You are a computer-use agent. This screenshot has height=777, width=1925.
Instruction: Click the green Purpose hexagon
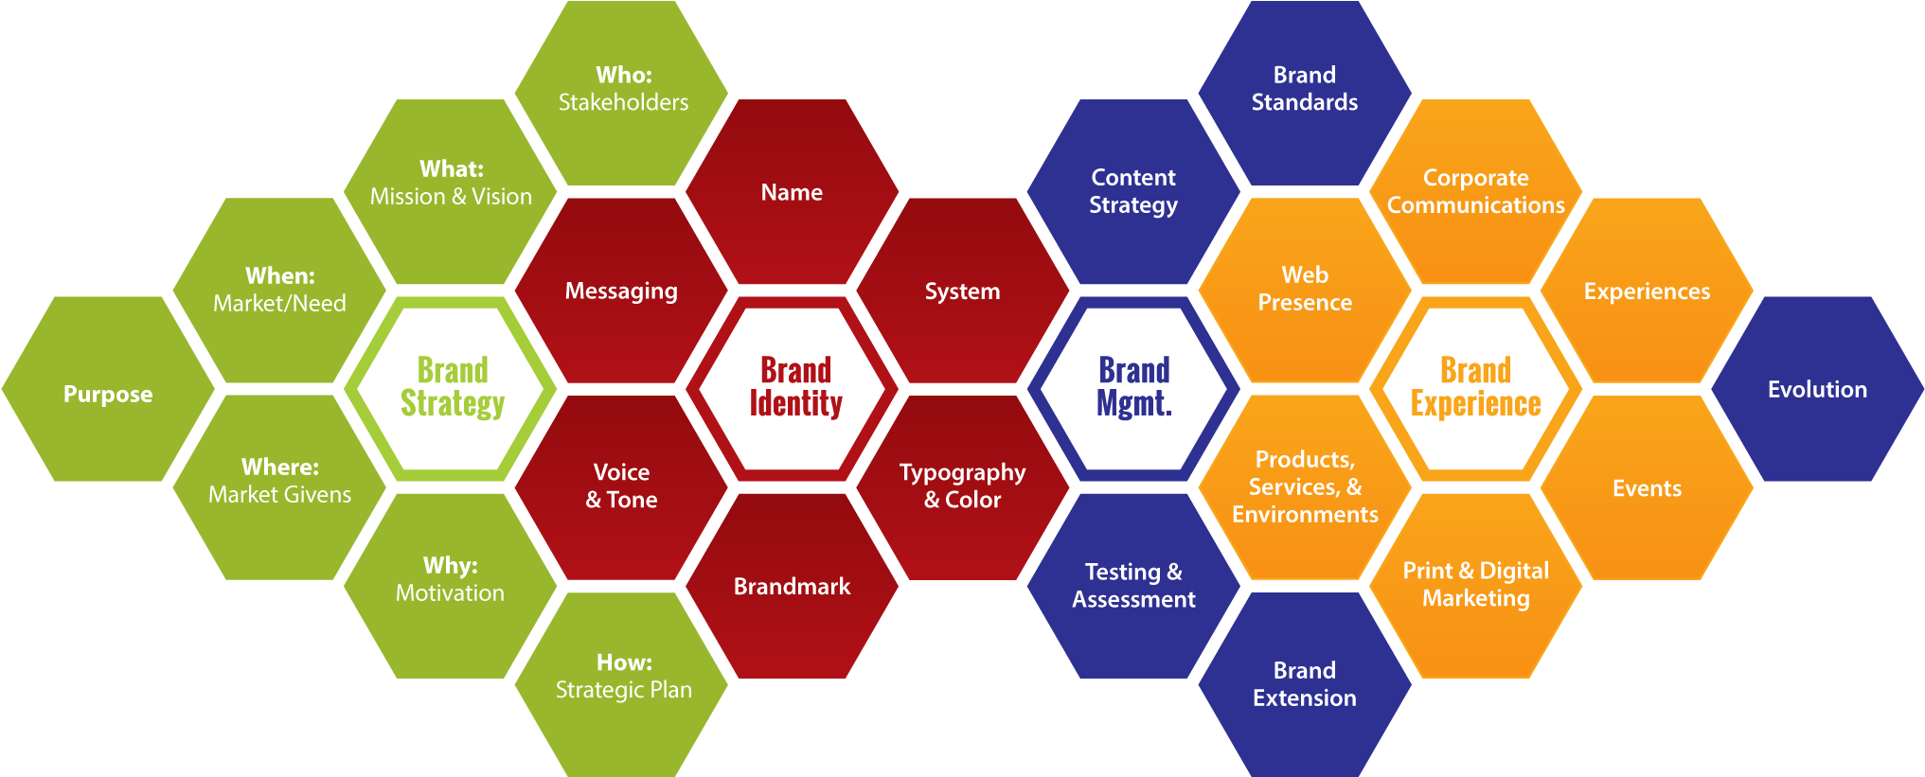[x=108, y=393]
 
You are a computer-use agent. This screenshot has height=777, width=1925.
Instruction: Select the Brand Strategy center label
[x=452, y=387]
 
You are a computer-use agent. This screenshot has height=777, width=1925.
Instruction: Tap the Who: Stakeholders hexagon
[x=623, y=90]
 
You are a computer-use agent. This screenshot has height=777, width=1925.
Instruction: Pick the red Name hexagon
[x=792, y=192]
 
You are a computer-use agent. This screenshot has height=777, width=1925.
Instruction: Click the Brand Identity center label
[x=795, y=387]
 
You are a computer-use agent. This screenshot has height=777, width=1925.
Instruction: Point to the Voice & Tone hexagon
[x=621, y=486]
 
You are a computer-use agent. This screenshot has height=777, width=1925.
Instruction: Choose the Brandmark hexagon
[x=792, y=586]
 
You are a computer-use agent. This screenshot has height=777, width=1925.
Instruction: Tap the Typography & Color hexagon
[x=962, y=486]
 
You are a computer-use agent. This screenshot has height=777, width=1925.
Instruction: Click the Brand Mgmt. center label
[x=1133, y=387]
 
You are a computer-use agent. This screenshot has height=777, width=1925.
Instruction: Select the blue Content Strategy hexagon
[x=1133, y=191]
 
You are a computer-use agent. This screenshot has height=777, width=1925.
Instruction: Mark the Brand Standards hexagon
[x=1304, y=90]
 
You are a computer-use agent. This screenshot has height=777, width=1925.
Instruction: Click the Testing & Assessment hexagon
[x=1133, y=586]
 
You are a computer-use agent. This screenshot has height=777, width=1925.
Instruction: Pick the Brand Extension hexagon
[x=1304, y=684]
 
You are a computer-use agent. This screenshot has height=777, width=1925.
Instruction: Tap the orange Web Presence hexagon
[x=1304, y=289]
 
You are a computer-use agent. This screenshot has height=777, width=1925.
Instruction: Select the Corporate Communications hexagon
[x=1475, y=191]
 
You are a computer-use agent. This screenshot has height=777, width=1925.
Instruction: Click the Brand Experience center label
[x=1475, y=387]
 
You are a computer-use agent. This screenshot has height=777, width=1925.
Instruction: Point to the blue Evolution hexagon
[x=1817, y=389]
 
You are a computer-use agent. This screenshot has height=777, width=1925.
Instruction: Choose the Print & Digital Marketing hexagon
[x=1475, y=585]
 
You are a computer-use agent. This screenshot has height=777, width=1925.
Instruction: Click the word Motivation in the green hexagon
[x=450, y=593]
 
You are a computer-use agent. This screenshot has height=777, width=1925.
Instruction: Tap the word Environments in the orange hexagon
[x=1305, y=515]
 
